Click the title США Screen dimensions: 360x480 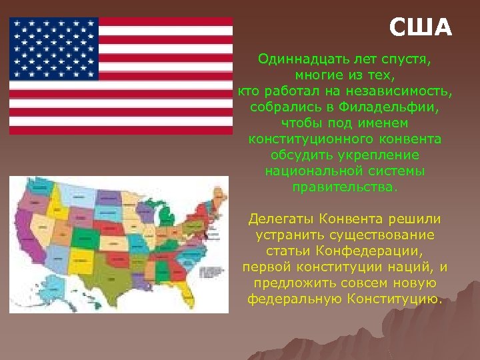click(421, 28)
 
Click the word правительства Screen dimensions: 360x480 click(343, 187)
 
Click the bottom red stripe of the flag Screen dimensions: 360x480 click(120, 130)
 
